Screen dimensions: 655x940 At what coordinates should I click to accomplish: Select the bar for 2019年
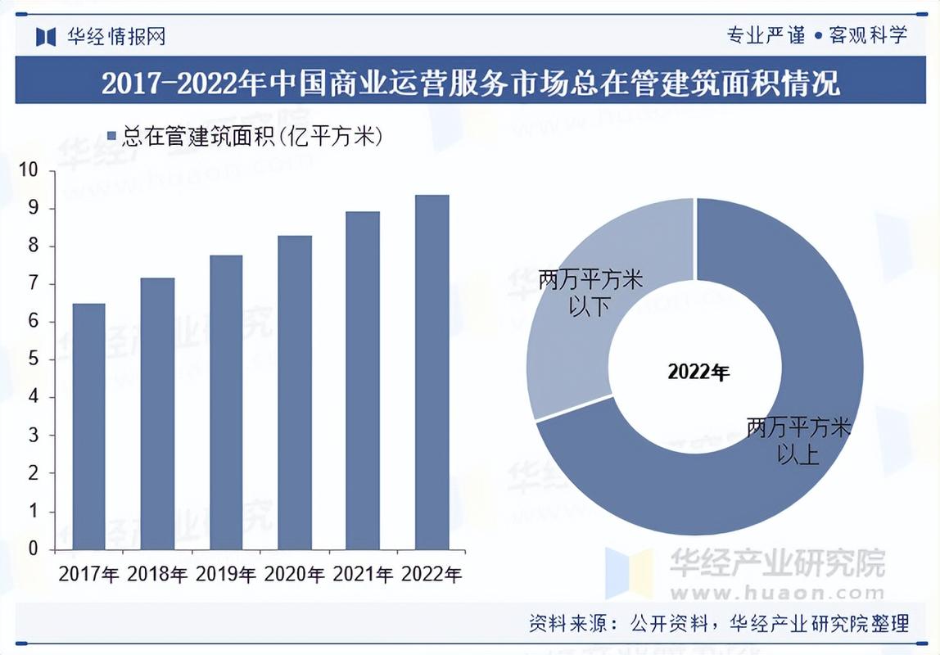click(x=226, y=402)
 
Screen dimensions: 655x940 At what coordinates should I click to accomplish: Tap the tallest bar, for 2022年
click(x=432, y=372)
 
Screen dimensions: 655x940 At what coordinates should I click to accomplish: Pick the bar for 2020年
click(x=294, y=392)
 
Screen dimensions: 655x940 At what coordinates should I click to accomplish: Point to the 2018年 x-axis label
click(x=157, y=574)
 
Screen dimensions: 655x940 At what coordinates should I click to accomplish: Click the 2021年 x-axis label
click(x=363, y=574)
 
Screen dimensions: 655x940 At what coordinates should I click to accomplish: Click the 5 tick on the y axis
click(x=34, y=359)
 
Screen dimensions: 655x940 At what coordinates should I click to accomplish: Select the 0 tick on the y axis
click(x=34, y=549)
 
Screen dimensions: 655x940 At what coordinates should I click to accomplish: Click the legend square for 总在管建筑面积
click(x=112, y=137)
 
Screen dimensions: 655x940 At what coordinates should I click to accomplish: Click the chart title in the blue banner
click(x=470, y=84)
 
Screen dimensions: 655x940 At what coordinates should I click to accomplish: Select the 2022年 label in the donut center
click(x=698, y=373)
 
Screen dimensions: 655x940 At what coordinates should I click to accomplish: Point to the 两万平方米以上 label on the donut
click(x=798, y=440)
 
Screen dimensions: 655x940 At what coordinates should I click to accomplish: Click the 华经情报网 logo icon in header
click(x=46, y=36)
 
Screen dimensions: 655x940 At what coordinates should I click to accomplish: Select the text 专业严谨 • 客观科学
click(x=816, y=35)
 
